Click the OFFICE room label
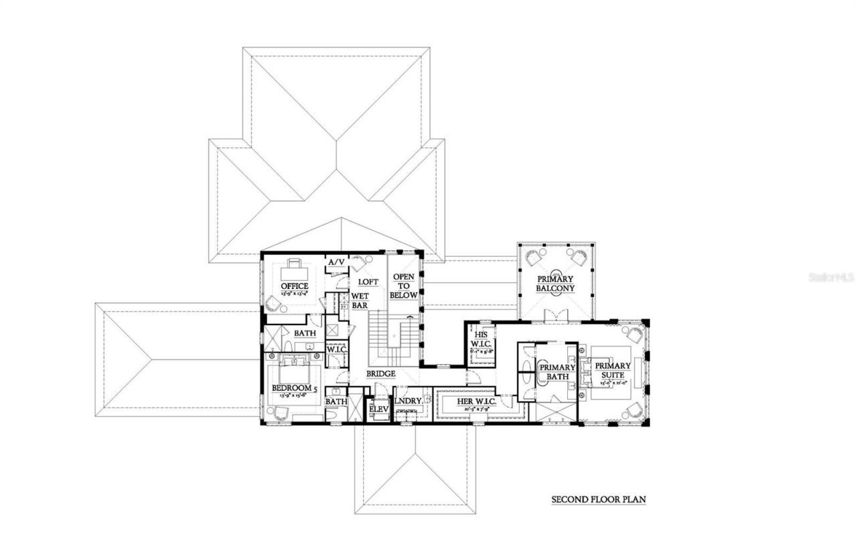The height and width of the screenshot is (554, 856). coord(294,286)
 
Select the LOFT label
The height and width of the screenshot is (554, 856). coord(368,282)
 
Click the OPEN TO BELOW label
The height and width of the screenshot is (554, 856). coord(404,286)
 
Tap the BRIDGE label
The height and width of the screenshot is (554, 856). coord(381,373)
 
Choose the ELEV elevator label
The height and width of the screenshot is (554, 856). coord(379,408)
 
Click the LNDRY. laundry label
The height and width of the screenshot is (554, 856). coord(408,401)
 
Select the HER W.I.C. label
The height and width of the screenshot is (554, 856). coord(475,401)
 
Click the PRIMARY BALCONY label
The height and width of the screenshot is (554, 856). coord(554,284)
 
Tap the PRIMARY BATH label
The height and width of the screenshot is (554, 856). coord(557,372)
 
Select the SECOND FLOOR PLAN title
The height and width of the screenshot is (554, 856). coord(598,499)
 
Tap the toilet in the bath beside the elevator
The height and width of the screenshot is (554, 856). coord(335,415)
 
